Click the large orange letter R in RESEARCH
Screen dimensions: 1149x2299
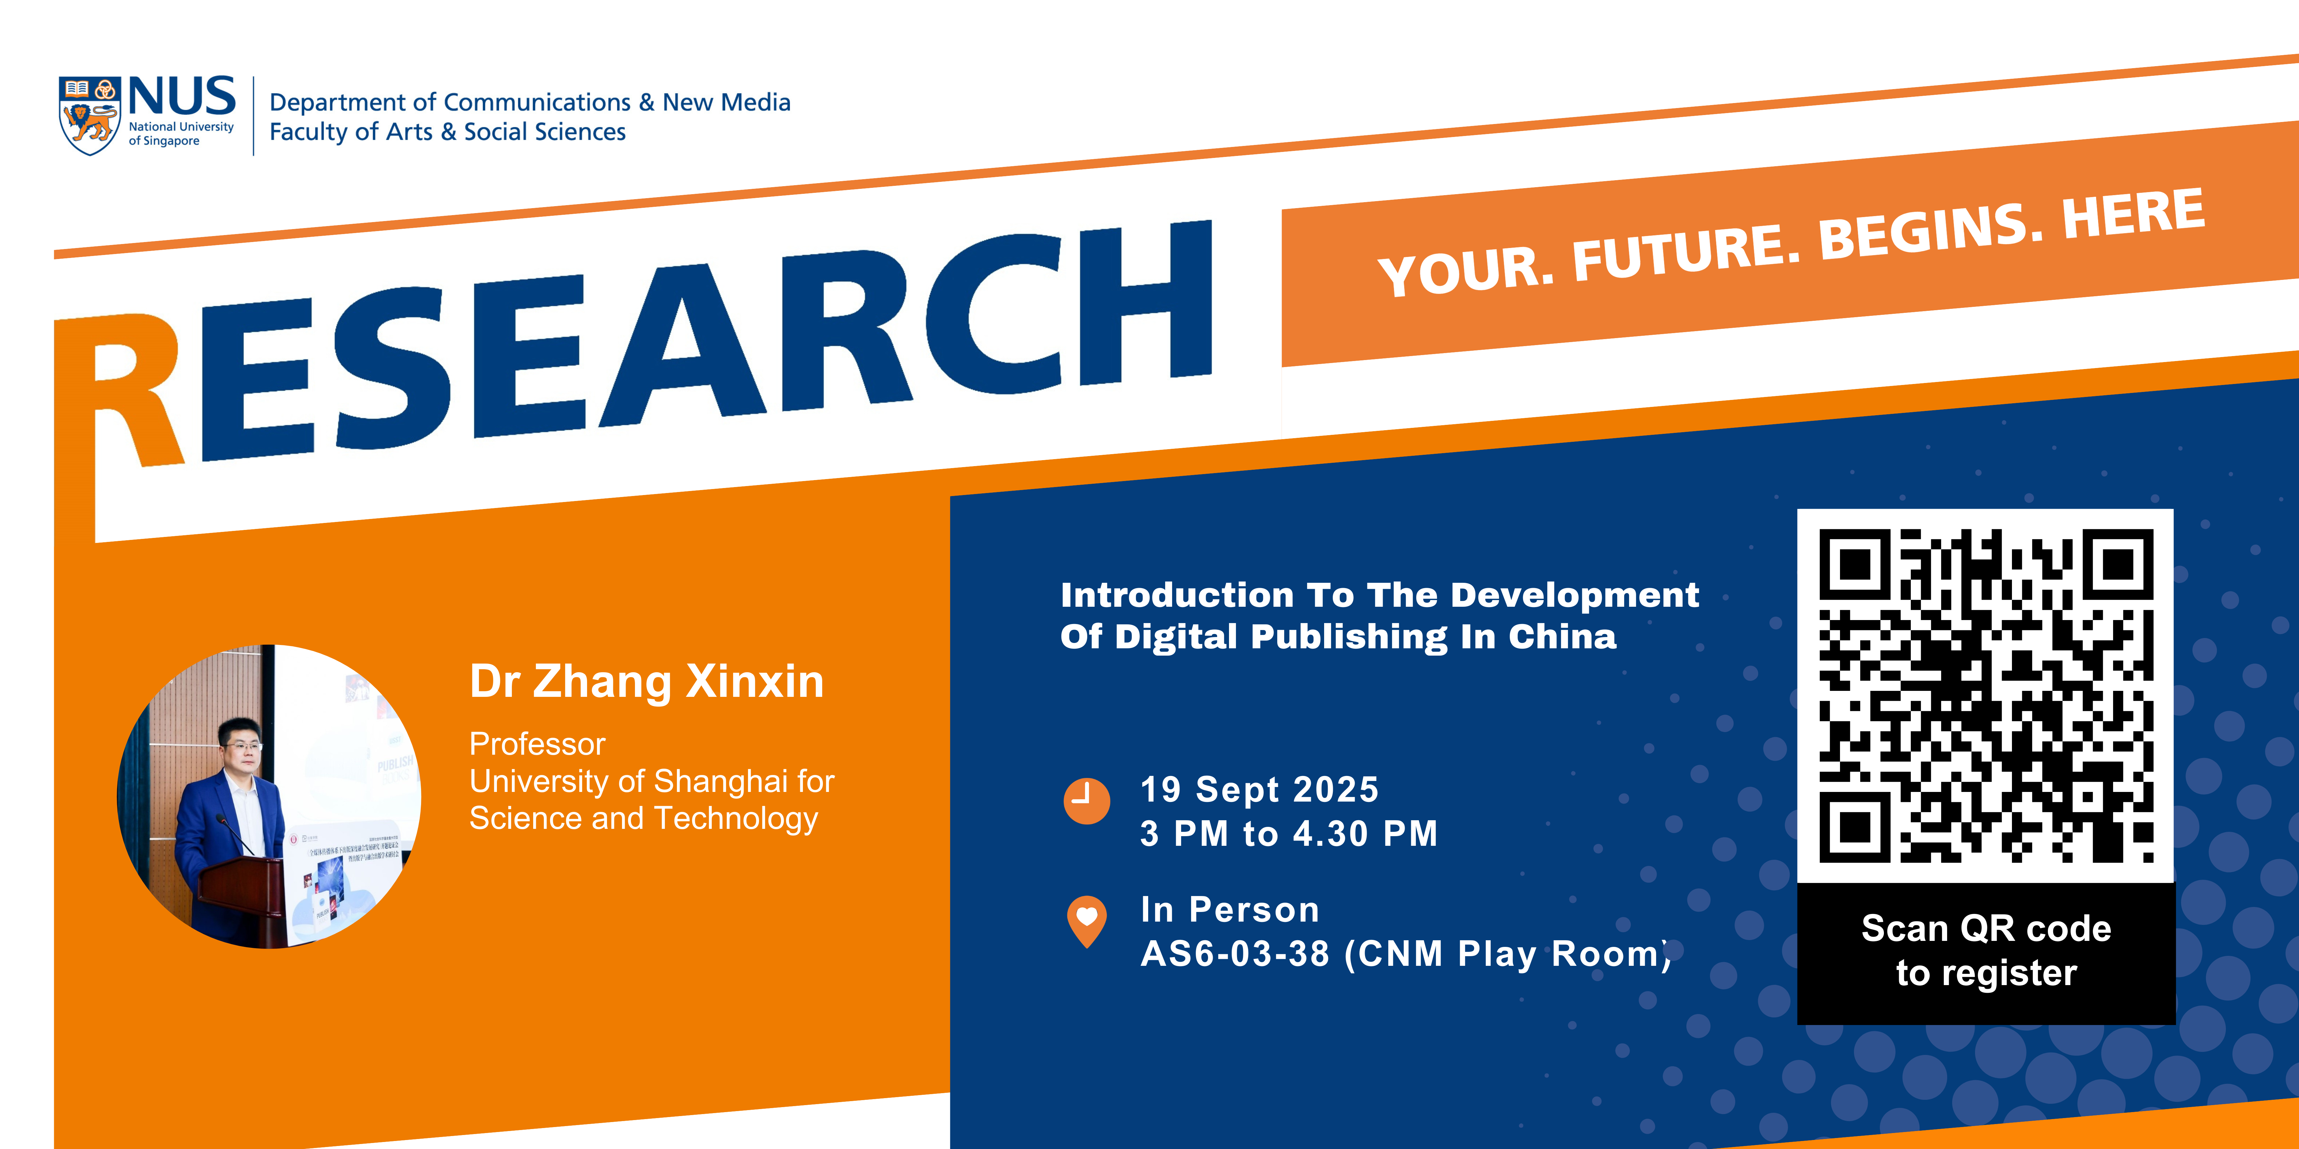[x=134, y=393]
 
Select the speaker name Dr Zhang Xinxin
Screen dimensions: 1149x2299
[x=646, y=682]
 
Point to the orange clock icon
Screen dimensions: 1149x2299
[x=1086, y=800]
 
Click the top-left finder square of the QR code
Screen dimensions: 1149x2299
[x=1855, y=564]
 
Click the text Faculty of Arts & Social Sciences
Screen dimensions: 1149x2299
[x=447, y=132]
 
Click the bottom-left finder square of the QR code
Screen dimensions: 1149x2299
[x=1855, y=827]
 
